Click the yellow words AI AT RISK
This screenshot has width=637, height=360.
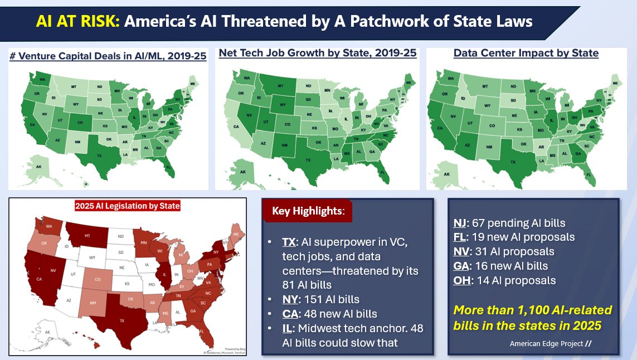pos(77,22)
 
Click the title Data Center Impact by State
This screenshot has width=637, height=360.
pos(526,53)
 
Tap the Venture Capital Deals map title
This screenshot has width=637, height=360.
pos(108,57)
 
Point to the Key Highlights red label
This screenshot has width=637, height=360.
pos(308,212)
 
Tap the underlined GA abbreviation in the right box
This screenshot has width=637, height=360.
pos(461,266)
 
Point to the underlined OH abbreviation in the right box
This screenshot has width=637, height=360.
pos(462,280)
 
